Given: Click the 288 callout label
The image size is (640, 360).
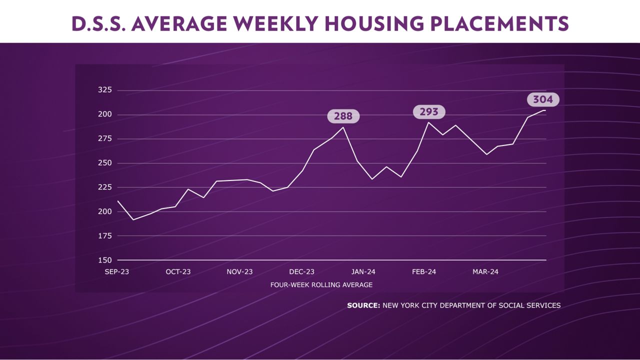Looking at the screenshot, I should point(343,116).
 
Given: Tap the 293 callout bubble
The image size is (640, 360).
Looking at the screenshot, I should point(429,112).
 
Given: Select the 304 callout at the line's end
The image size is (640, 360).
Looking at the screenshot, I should point(542,99).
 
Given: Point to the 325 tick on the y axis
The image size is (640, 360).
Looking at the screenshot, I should point(104,90).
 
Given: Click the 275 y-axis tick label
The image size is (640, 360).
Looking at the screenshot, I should point(104,139).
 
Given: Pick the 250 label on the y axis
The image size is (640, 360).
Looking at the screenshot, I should point(104,163).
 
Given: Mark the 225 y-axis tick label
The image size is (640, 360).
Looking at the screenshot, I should point(104,187).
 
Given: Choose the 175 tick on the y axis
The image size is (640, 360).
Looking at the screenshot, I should point(104,236).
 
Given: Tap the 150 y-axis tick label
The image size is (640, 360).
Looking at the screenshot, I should point(104,260).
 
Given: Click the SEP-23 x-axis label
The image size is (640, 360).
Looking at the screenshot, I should point(117,272).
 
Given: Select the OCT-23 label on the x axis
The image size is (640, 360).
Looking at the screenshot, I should point(178,272).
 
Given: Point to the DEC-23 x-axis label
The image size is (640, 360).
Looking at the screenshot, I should point(301,272).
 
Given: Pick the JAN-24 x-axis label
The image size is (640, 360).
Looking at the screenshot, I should point(363,272).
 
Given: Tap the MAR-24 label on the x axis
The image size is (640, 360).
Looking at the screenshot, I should point(485,272).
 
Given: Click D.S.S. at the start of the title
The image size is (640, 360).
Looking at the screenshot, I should point(97,23).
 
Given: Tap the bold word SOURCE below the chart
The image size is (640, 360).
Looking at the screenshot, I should point(363,305).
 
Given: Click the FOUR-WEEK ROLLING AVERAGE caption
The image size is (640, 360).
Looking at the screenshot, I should point(321,285).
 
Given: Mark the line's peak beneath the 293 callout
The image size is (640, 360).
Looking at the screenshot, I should point(428,122).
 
